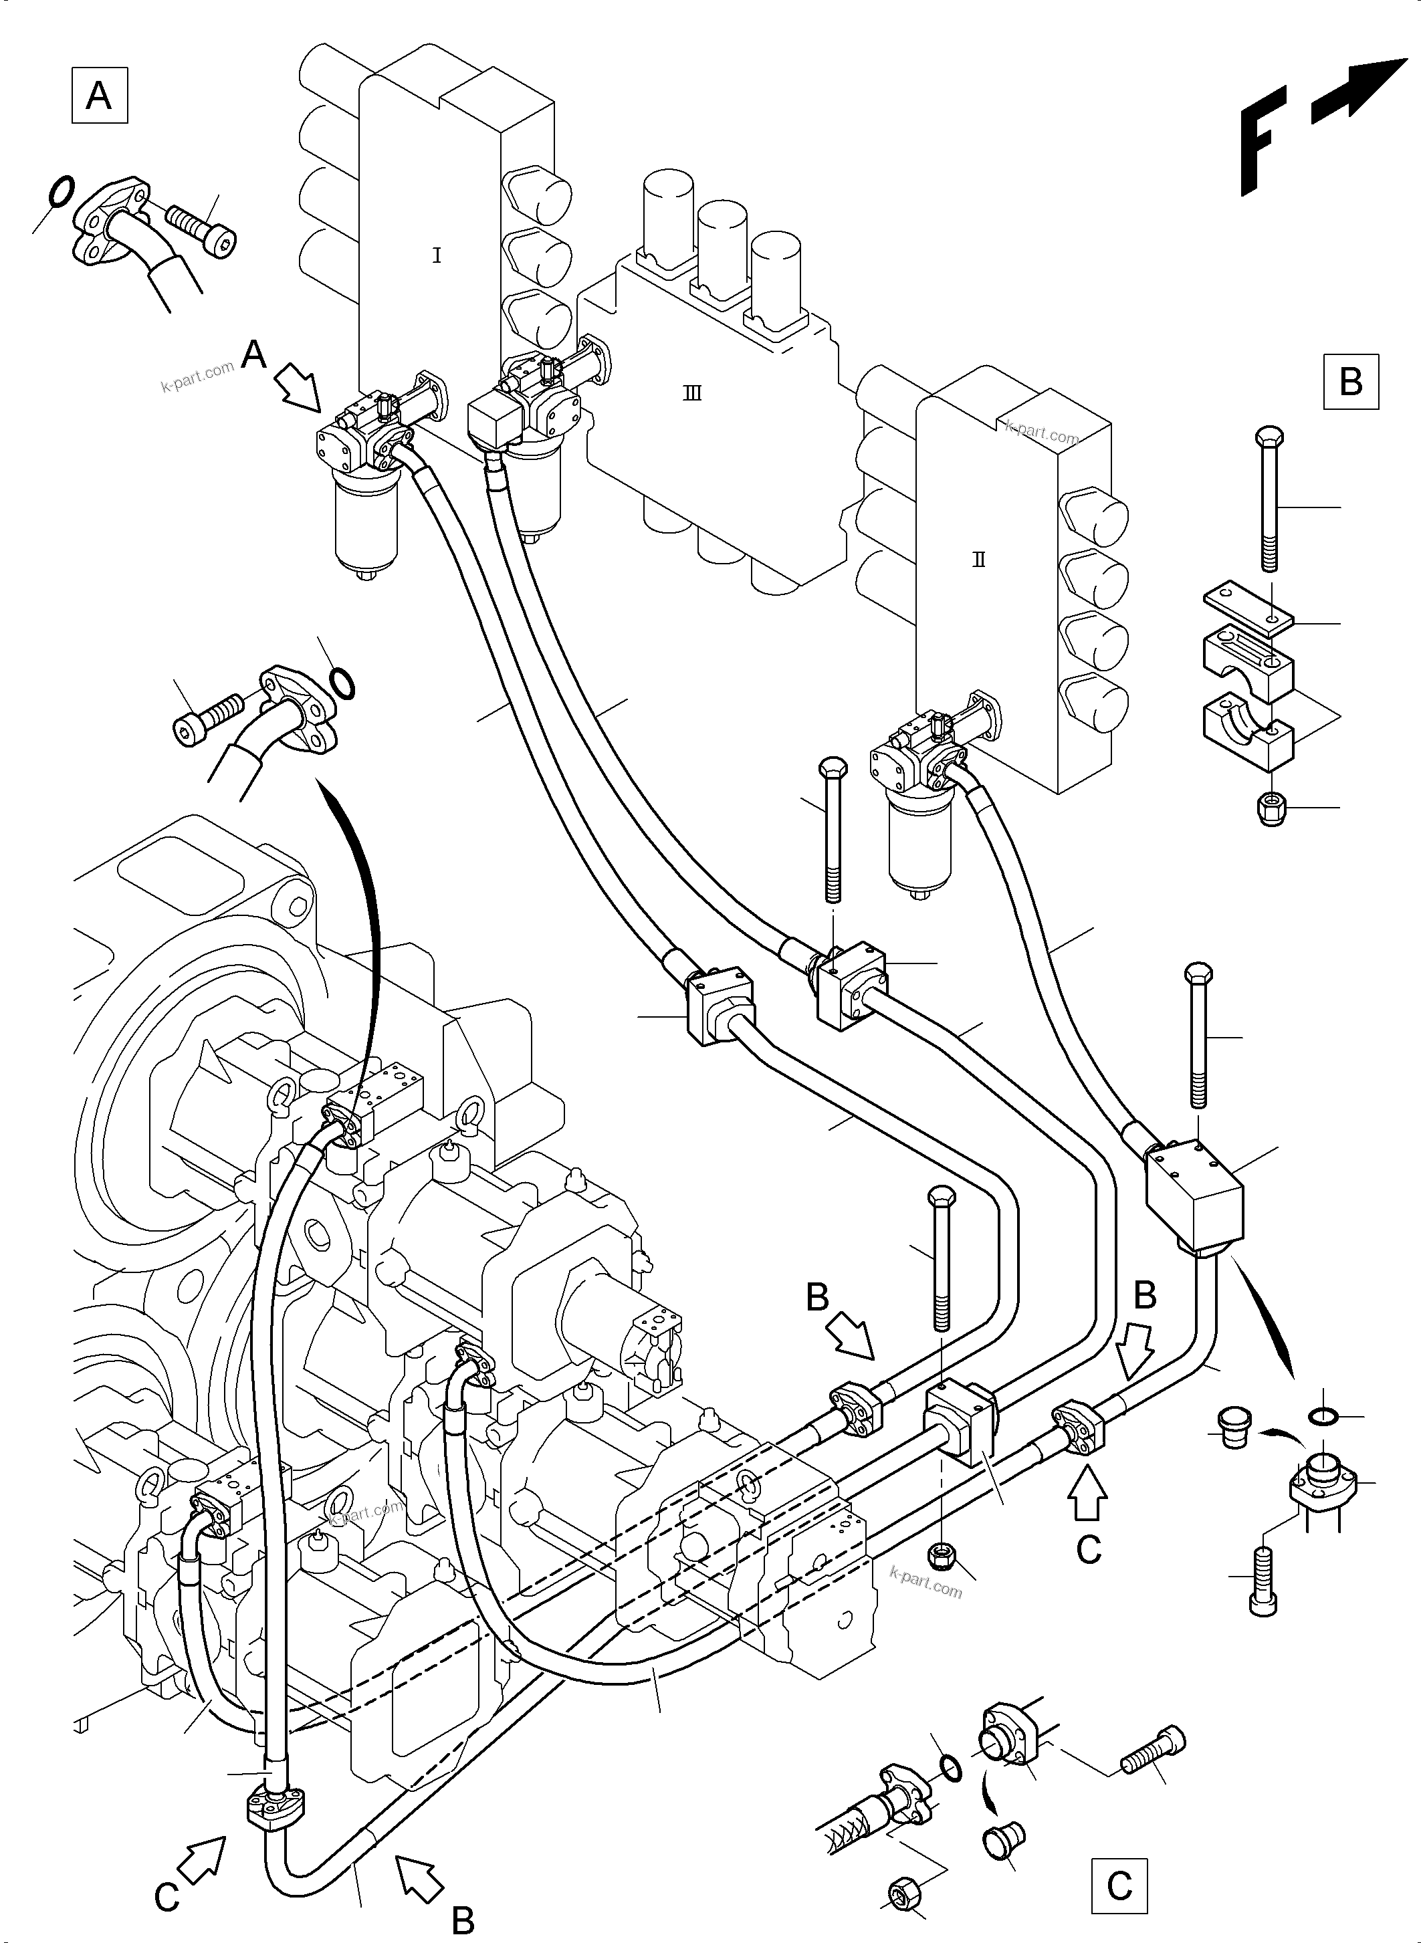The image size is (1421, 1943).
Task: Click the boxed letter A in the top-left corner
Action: [x=99, y=96]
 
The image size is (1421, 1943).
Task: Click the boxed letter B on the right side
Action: [x=1351, y=381]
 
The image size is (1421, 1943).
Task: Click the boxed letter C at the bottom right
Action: [x=1119, y=1886]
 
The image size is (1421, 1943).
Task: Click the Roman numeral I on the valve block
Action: [x=436, y=255]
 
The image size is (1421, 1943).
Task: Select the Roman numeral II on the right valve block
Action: [x=979, y=559]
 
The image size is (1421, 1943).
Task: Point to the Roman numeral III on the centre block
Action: [x=691, y=394]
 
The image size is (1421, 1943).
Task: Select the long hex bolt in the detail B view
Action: [x=1271, y=499]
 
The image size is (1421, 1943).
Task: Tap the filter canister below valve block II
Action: [x=919, y=843]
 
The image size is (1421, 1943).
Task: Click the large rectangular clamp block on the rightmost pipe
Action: [x=1196, y=1194]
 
